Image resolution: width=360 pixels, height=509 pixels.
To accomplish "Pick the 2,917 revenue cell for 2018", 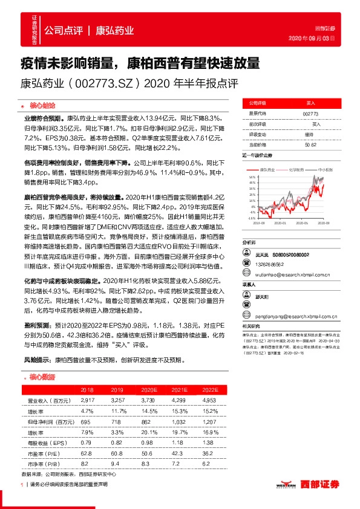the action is [88, 400].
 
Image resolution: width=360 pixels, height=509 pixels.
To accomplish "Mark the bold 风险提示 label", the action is [38, 359].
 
